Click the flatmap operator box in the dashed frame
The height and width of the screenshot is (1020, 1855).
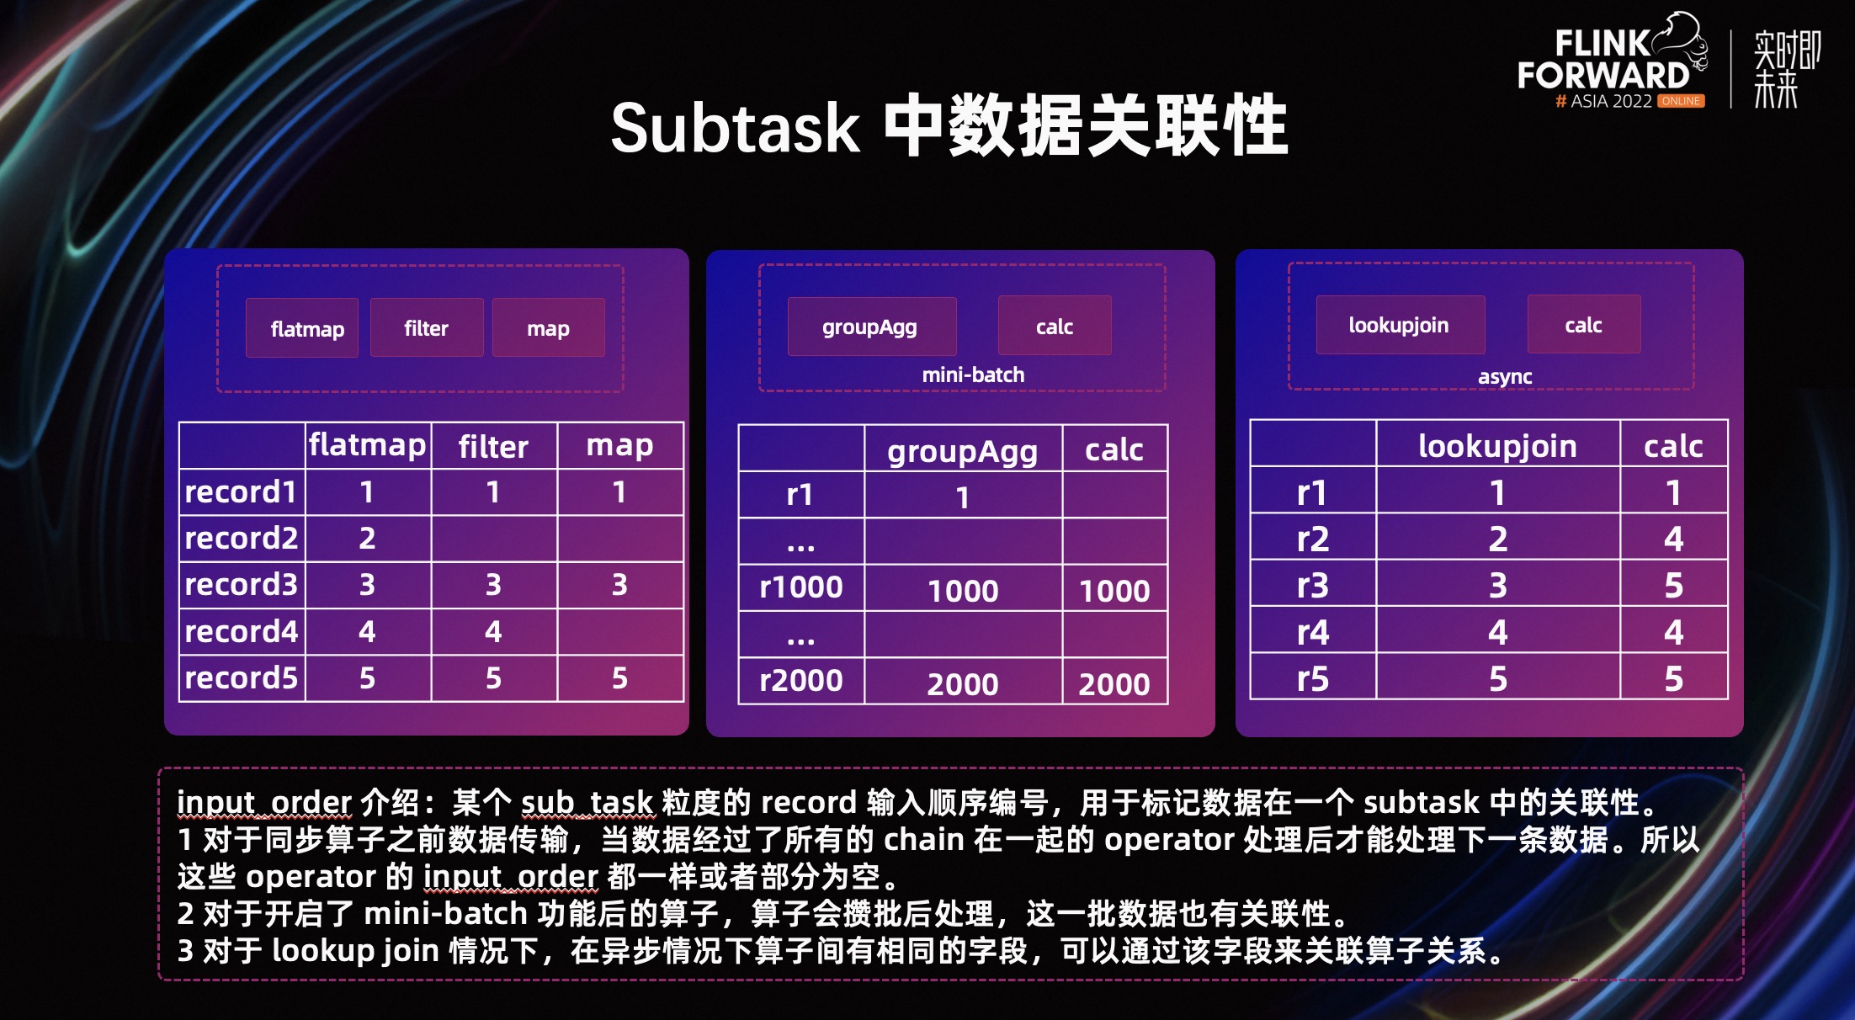point(302,328)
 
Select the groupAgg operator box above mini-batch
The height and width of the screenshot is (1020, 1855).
point(871,327)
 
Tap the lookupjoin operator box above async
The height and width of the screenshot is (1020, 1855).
point(1400,325)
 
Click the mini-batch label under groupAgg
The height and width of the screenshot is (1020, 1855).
point(973,375)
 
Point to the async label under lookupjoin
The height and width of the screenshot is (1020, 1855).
point(1505,376)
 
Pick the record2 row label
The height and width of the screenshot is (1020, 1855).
point(242,539)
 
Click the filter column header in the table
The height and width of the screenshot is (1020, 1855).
point(493,446)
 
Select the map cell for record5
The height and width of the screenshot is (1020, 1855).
point(619,677)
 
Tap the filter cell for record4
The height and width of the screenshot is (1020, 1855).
point(493,631)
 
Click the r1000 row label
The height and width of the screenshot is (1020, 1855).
point(800,587)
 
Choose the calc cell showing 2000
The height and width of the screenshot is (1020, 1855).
point(1114,683)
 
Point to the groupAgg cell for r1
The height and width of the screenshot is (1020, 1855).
point(963,497)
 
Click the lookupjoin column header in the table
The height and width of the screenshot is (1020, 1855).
point(1497,445)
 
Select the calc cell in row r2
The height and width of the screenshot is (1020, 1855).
point(1673,539)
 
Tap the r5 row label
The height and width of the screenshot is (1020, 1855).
point(1312,678)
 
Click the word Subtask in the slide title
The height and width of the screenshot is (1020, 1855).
point(735,128)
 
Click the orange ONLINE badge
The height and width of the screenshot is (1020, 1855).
point(1681,101)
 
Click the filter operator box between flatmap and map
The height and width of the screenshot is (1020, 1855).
point(427,328)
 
